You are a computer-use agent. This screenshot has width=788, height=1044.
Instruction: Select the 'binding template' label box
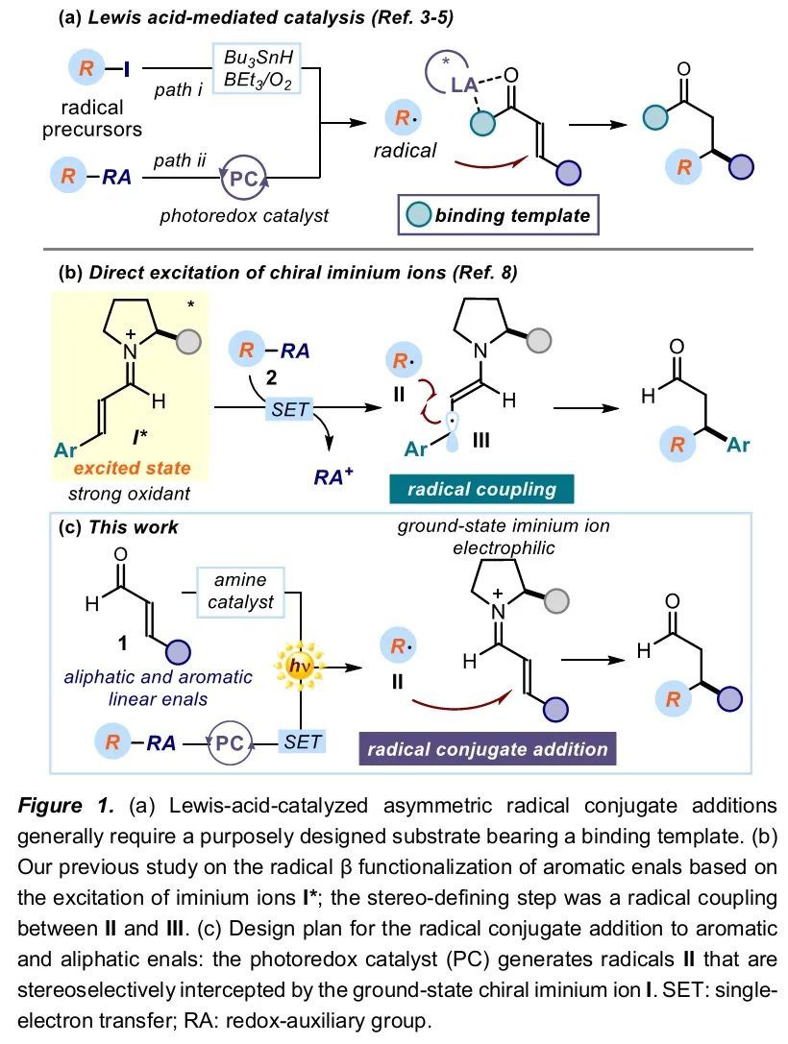pos(497,214)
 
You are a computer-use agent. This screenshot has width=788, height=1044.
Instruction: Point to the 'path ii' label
pos(179,160)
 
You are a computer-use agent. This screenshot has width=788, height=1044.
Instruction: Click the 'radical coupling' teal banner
pos(481,489)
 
